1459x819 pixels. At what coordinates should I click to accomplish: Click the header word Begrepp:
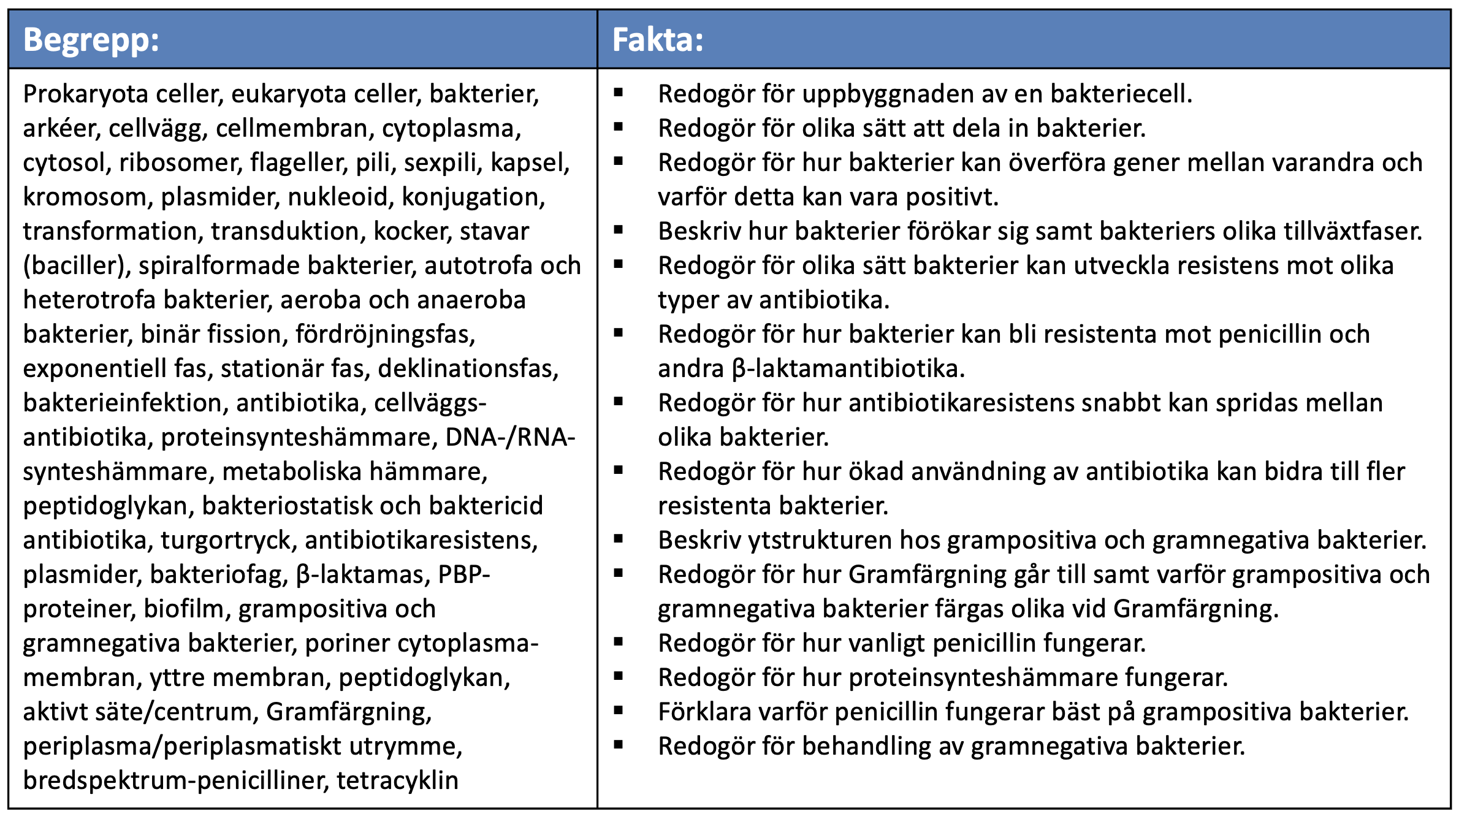[x=91, y=40]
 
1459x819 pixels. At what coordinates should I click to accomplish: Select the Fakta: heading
[x=657, y=40]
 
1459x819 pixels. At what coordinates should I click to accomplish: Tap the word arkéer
[x=61, y=129]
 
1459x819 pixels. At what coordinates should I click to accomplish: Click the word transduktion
[x=288, y=232]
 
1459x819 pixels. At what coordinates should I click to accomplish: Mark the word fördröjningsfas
[x=384, y=335]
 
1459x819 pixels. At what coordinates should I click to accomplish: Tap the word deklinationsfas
[x=468, y=369]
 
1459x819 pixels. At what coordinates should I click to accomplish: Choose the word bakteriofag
[x=218, y=575]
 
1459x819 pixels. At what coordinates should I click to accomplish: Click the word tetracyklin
[x=397, y=781]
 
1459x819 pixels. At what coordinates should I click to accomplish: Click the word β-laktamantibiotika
[x=848, y=369]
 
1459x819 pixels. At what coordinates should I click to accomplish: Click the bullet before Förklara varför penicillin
[x=618, y=711]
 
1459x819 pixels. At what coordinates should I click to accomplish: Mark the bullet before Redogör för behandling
[x=618, y=745]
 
